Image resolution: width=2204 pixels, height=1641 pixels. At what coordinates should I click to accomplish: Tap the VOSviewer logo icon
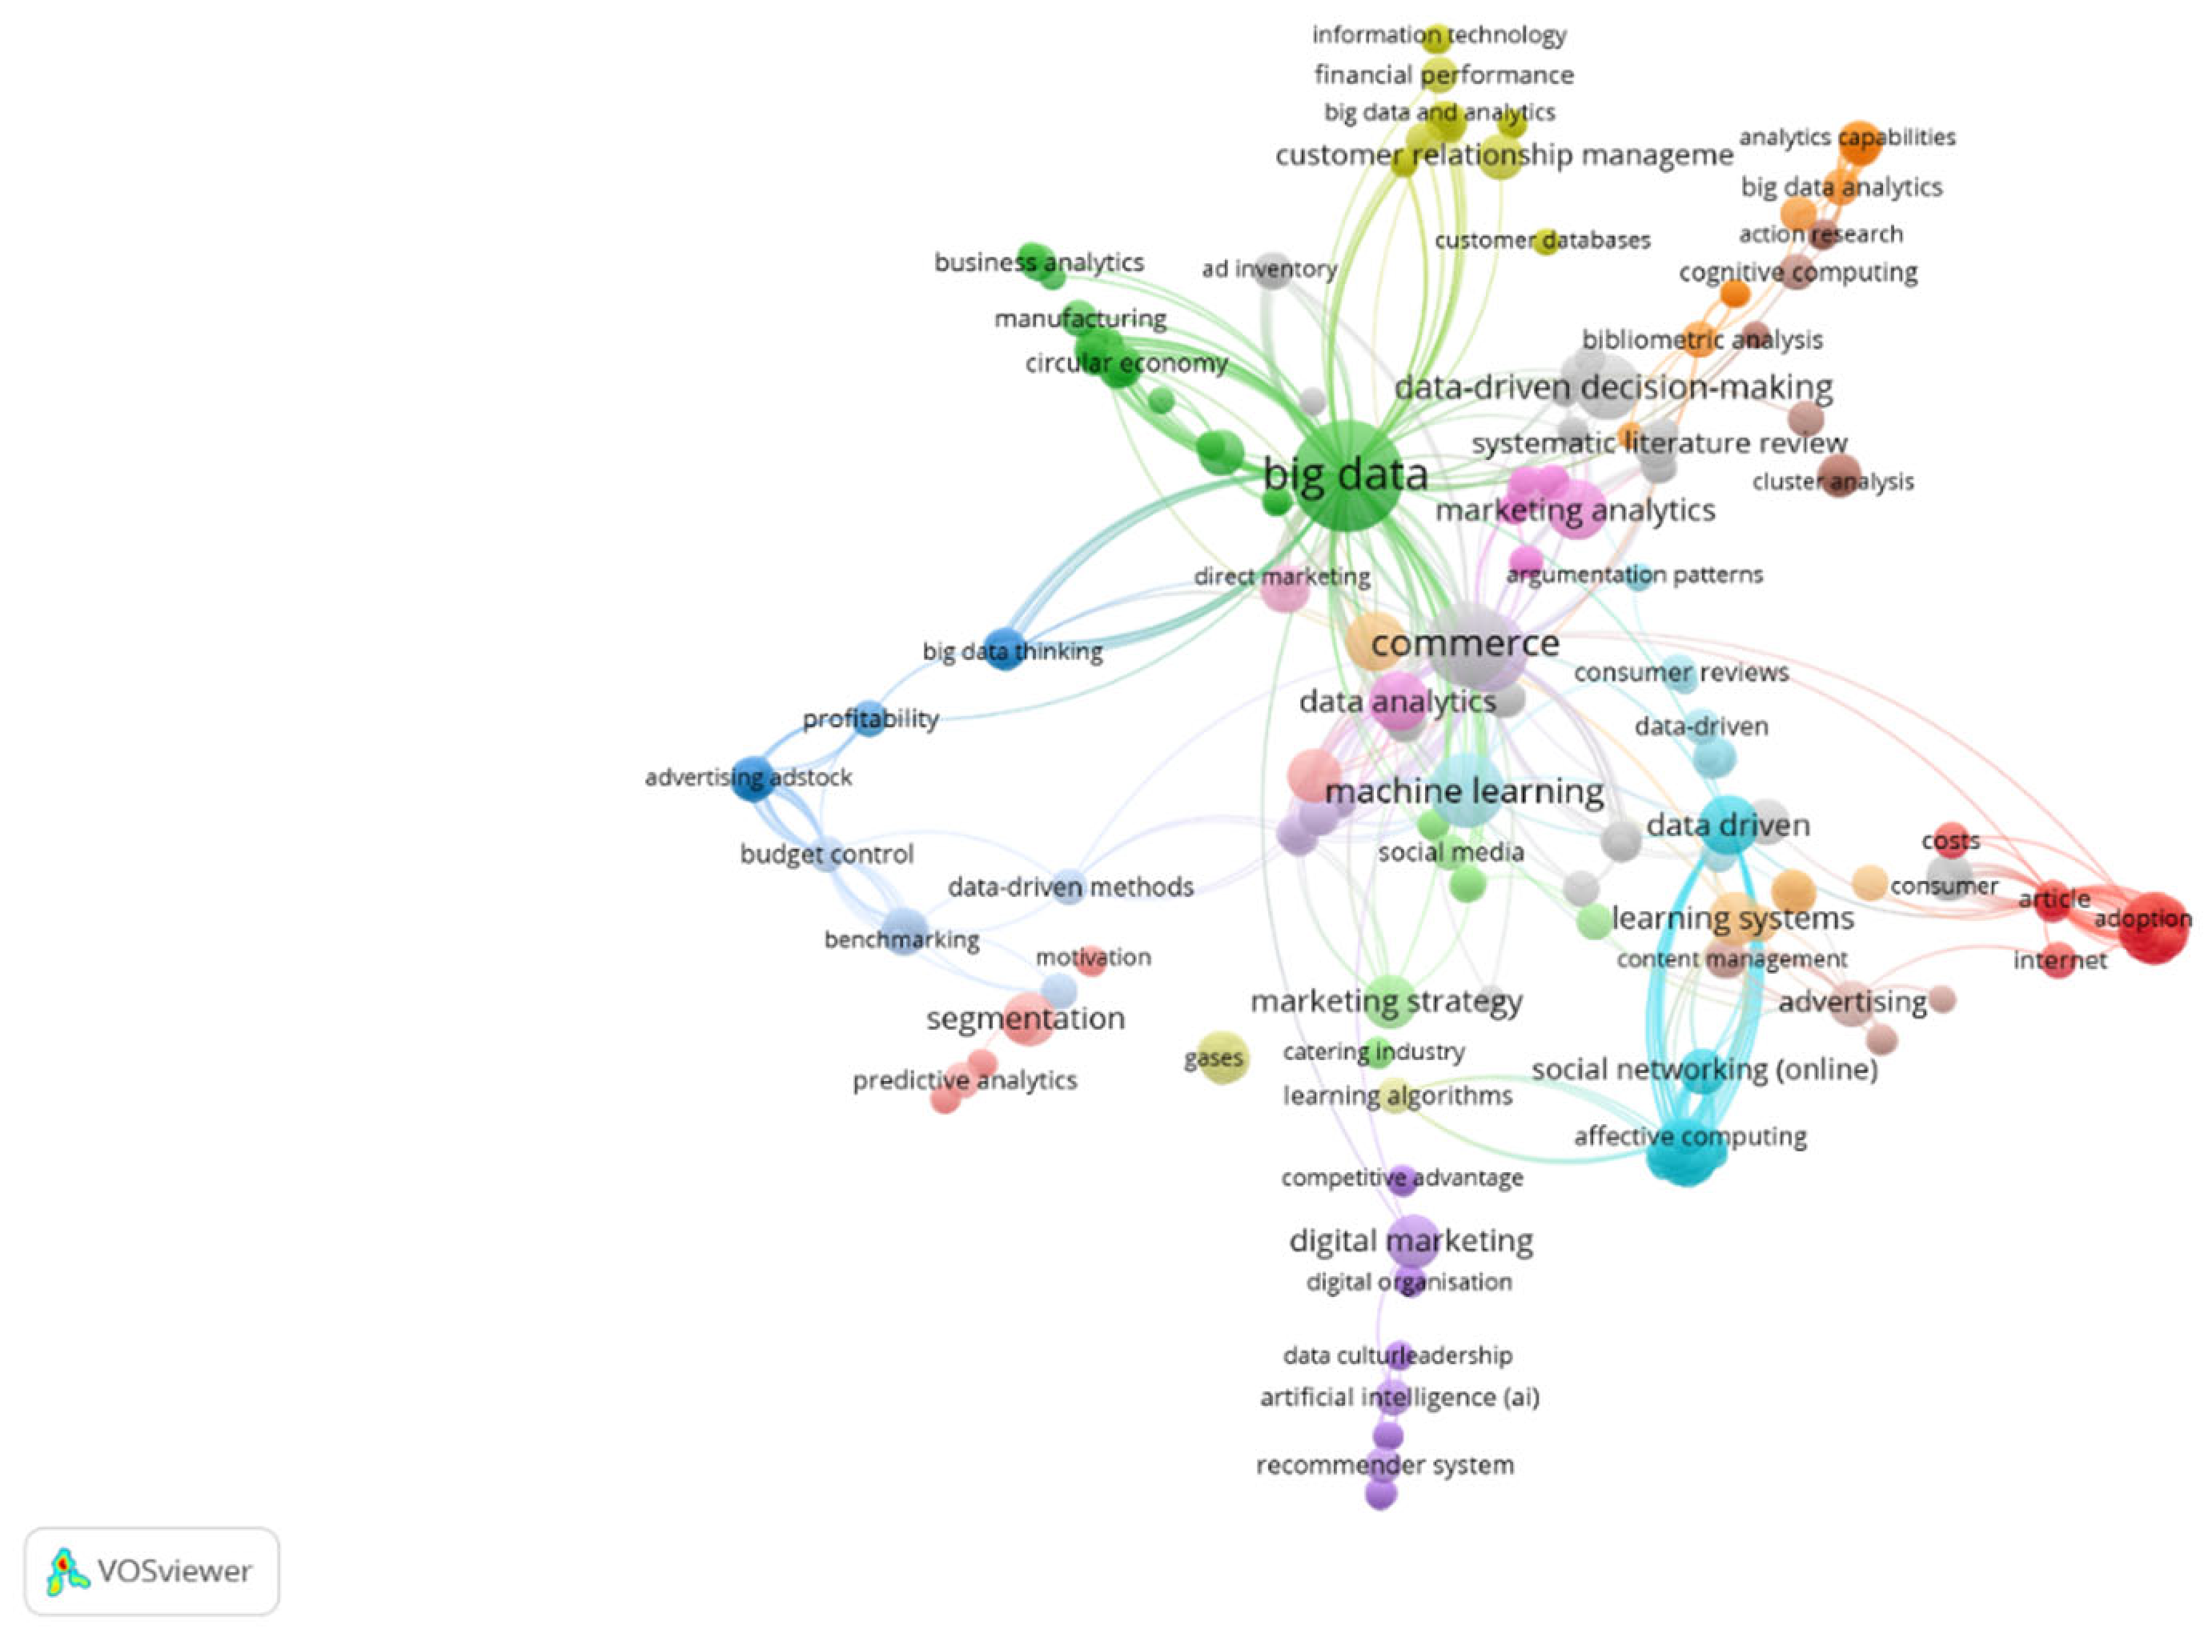(67, 1571)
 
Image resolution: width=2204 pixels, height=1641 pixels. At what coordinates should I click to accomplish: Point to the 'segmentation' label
(1026, 1019)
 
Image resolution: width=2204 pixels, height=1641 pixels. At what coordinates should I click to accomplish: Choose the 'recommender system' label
(1384, 1464)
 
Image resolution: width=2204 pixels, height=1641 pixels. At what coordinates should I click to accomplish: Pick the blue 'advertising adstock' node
(753, 777)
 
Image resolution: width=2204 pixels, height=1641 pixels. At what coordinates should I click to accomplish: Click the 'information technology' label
(1438, 34)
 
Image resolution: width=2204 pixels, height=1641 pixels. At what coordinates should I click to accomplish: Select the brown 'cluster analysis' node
(1838, 476)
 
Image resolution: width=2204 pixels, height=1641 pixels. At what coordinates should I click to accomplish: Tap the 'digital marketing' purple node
(1413, 1241)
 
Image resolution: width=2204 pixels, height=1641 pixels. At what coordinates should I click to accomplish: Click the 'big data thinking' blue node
(1005, 650)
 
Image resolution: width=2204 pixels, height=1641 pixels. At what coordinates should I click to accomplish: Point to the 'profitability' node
(870, 718)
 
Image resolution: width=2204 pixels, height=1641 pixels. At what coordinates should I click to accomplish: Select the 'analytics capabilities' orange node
(1859, 141)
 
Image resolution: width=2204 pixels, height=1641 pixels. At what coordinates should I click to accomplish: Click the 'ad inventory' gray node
(1273, 270)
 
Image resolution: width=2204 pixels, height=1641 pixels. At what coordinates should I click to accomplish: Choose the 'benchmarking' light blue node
(904, 932)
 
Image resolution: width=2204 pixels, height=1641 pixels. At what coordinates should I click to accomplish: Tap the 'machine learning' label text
(1463, 791)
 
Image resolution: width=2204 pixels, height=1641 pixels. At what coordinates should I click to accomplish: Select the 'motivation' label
(1093, 957)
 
